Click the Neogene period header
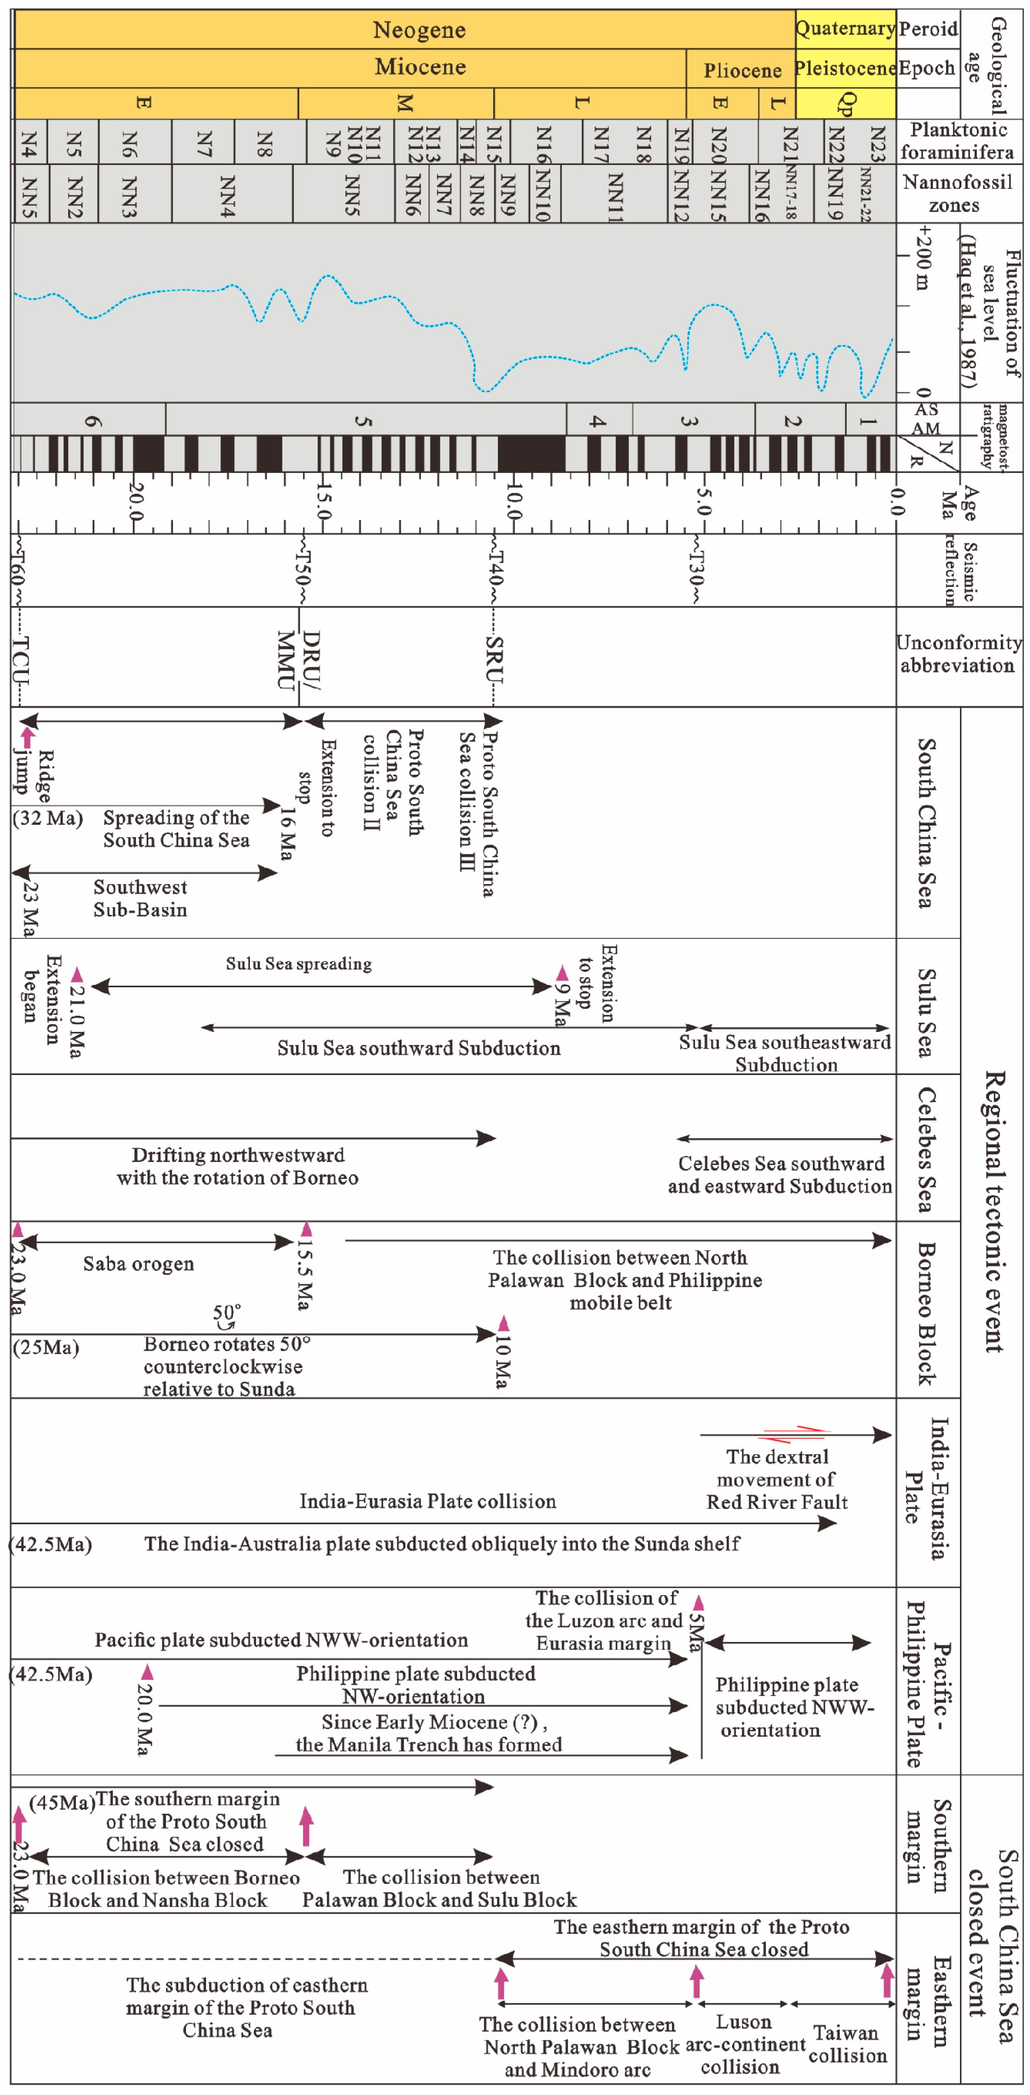(x=419, y=30)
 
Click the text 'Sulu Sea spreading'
(x=299, y=964)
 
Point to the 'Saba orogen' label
(x=138, y=1264)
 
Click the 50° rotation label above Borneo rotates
(x=226, y=1313)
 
